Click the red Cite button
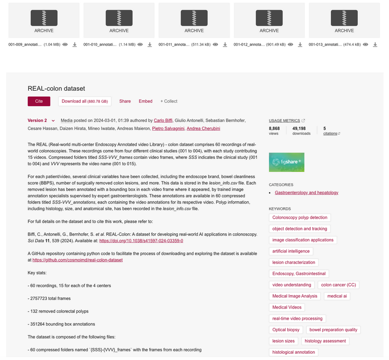click(x=39, y=101)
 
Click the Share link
click(x=125, y=101)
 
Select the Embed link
click(x=146, y=101)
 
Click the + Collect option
click(x=169, y=101)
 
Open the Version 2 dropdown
click(x=41, y=120)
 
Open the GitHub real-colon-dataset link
click(x=78, y=260)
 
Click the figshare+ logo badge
click(x=286, y=162)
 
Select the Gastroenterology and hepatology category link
click(x=306, y=192)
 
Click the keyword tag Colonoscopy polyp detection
click(x=300, y=217)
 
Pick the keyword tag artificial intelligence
click(x=291, y=251)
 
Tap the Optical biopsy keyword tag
click(x=286, y=330)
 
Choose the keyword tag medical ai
click(x=337, y=296)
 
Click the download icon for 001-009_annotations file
click(x=74, y=45)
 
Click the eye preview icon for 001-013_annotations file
click(x=365, y=45)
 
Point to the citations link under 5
click(x=331, y=133)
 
